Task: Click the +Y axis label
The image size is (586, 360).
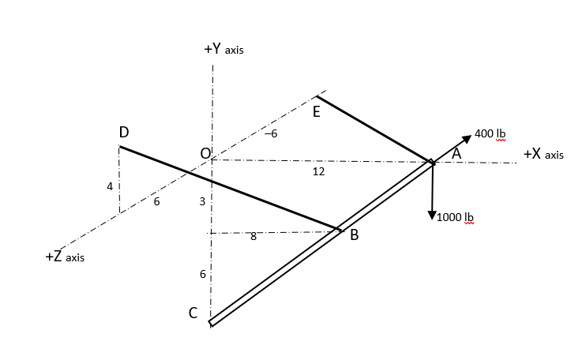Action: (x=224, y=49)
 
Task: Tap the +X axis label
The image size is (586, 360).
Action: (x=543, y=154)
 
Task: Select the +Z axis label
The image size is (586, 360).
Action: (x=65, y=257)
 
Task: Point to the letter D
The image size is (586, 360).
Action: (x=124, y=133)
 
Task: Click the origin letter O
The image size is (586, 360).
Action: (x=205, y=152)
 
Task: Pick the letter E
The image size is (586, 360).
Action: (x=316, y=112)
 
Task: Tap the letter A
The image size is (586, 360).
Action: (x=456, y=155)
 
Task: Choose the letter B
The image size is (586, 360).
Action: (x=355, y=234)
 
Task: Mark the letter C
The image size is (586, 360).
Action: (x=193, y=313)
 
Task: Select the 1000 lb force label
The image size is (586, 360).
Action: (x=455, y=217)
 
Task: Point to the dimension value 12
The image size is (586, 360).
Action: (x=318, y=171)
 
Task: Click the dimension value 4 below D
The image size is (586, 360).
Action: (x=110, y=186)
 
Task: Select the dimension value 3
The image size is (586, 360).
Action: (x=202, y=202)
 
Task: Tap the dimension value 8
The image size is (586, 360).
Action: (x=253, y=238)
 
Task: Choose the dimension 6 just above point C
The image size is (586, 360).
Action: (x=202, y=275)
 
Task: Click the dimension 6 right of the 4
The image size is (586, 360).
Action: (x=156, y=202)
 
